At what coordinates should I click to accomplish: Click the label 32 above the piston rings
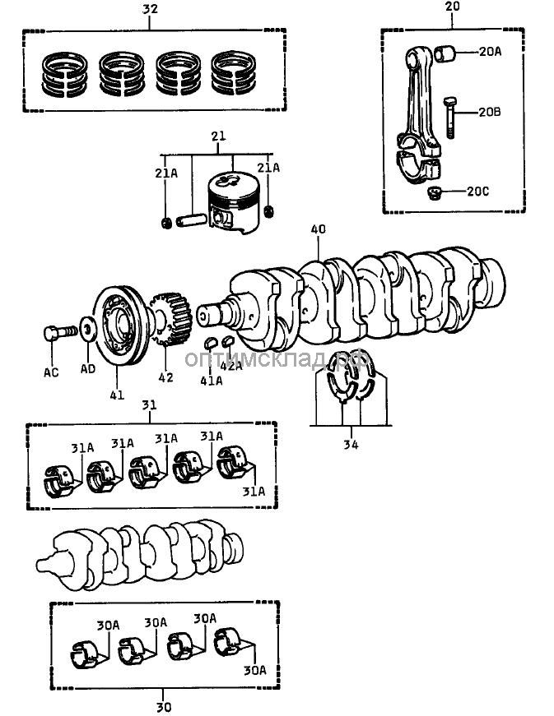click(150, 10)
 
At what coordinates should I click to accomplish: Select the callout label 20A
click(488, 52)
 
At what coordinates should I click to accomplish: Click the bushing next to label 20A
click(449, 54)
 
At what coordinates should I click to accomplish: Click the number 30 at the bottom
click(163, 706)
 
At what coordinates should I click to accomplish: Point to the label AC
click(51, 372)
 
